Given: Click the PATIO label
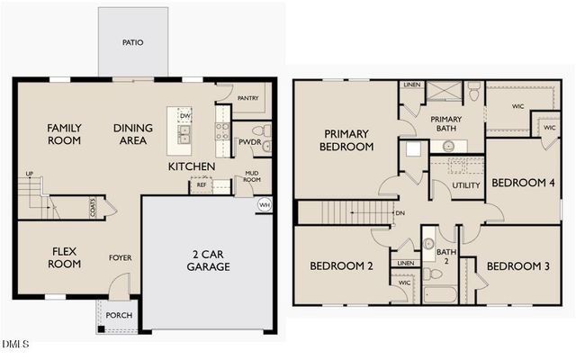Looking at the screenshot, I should coord(132,42).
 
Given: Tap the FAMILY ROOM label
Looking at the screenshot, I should coord(64,134).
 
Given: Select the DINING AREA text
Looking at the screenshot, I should coord(132,134).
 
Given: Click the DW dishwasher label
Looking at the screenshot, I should coord(184,116).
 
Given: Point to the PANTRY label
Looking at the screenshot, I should coord(248,98).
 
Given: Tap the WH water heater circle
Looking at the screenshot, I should coord(265,205).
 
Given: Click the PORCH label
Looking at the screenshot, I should coord(118,316).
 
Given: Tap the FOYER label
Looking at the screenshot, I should coord(121,258).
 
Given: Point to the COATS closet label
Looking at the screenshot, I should coord(93,208).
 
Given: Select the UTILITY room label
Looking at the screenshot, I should coord(466,185).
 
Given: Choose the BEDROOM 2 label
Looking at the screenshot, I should coord(341,265).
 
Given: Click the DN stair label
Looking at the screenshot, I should coord(400,213).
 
